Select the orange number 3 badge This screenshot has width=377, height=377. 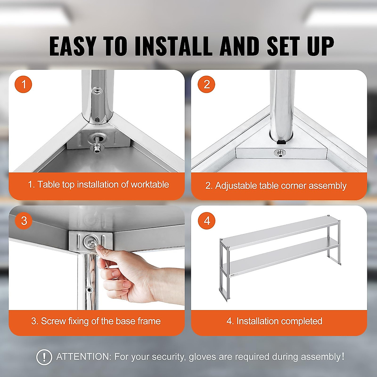click(x=24, y=221)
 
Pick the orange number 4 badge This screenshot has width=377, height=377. click(x=206, y=221)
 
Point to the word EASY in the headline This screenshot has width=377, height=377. click(x=72, y=46)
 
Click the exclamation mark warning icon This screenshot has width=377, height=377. click(x=44, y=357)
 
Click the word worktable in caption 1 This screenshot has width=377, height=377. click(x=150, y=184)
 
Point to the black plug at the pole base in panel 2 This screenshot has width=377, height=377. click(x=281, y=142)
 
